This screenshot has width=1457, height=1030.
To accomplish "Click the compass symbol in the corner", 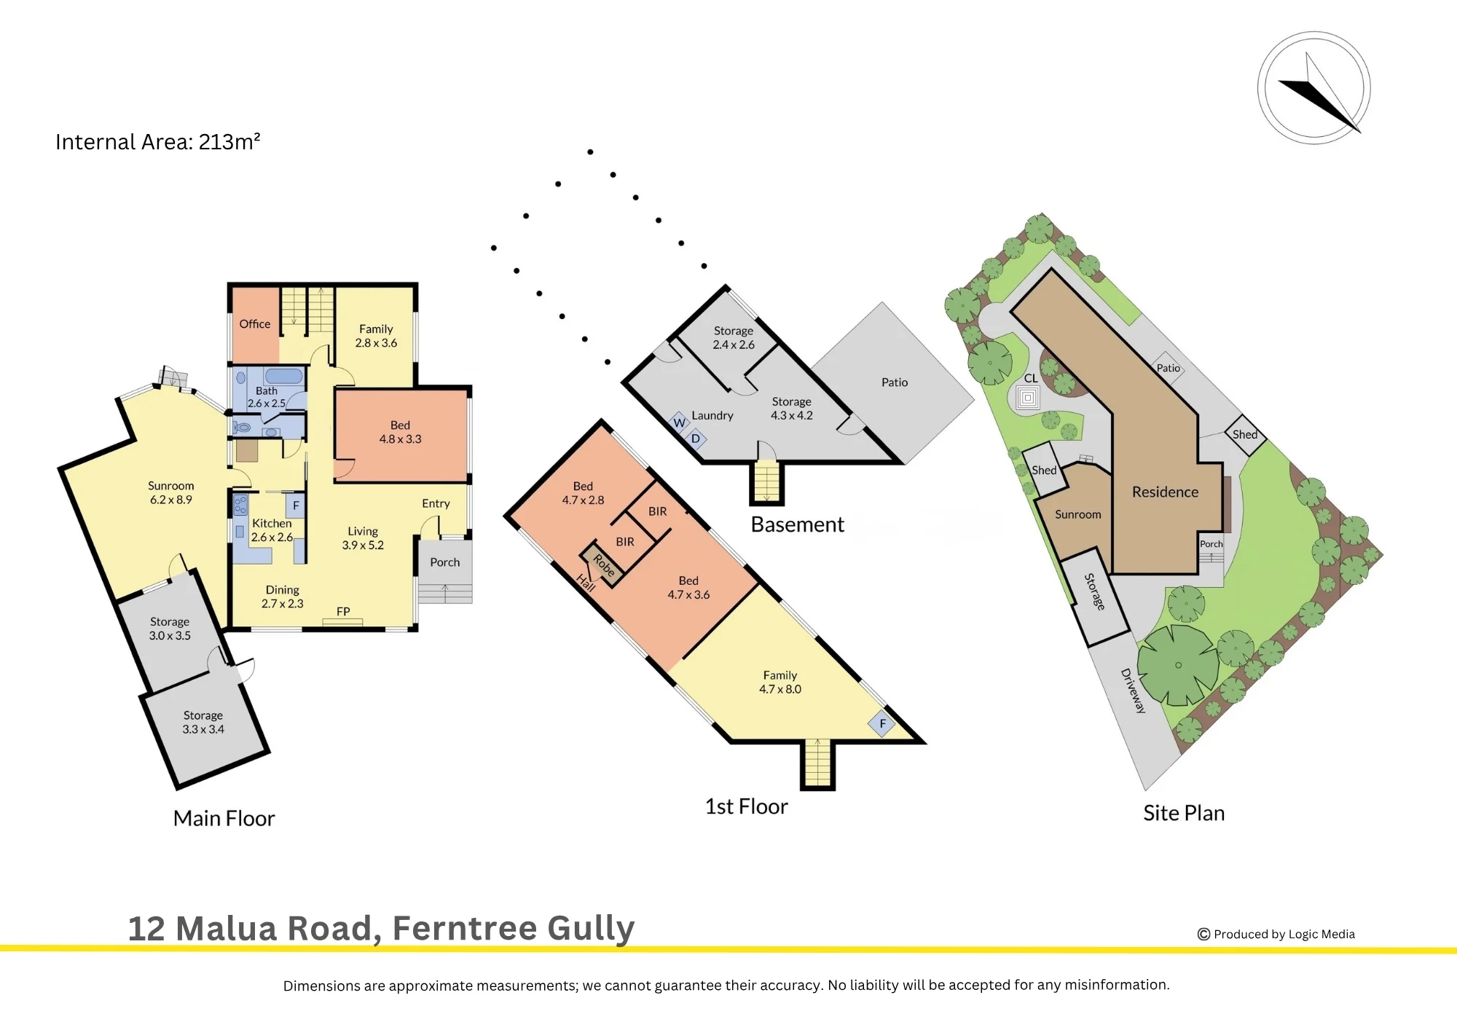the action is point(1313,88).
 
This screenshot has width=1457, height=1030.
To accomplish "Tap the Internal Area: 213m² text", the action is point(158,141).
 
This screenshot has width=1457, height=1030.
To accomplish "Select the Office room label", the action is point(255,324).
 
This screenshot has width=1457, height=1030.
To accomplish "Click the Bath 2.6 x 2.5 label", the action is point(267,397).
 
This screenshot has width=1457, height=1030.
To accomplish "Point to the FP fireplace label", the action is point(343,612).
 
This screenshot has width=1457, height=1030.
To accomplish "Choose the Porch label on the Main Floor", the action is point(445,562).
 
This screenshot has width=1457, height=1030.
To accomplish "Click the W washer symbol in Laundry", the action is point(679,422).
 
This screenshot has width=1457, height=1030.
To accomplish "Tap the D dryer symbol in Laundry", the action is point(696,439).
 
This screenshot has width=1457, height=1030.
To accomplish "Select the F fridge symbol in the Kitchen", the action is point(296,506).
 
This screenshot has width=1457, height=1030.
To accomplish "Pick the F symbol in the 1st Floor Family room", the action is point(882,723).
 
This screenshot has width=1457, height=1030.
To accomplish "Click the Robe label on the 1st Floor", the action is point(604,566).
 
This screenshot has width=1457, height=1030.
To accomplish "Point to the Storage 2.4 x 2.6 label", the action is point(734,338).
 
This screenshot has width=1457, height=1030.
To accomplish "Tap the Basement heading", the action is point(798,524).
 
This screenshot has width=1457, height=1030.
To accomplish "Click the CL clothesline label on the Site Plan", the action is point(1031,379).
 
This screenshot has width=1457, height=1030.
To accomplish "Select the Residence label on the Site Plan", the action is point(1165,492).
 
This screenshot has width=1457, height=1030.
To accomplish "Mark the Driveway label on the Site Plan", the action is point(1133,691).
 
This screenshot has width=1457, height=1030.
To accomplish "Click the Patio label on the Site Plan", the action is point(1169,368).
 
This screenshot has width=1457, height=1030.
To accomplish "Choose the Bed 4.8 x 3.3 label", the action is point(400,432).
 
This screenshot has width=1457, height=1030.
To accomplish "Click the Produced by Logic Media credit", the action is point(1276,934).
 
